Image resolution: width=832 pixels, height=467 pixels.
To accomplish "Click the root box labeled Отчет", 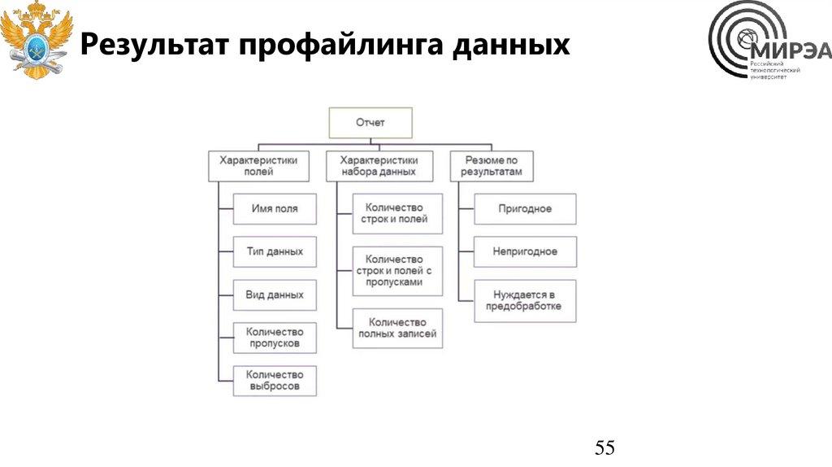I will (370, 123).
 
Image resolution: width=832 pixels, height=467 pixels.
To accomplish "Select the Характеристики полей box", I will (258, 166).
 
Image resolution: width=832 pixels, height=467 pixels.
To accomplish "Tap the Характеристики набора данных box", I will (378, 166).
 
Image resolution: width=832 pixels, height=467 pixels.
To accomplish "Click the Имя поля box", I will (275, 209).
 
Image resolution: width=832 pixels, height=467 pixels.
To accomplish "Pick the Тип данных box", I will (275, 252).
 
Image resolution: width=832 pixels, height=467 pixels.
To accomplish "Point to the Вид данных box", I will (275, 295).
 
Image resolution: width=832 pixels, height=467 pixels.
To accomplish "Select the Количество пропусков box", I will (275, 338).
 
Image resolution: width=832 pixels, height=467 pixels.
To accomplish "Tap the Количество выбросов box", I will (275, 380).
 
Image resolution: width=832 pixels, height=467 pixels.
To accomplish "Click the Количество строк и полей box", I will (398, 214).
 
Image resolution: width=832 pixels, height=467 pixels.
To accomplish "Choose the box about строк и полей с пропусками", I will (398, 269).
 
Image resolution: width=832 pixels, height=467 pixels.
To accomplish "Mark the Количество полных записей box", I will (398, 328).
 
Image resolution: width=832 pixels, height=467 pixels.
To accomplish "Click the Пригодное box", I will (525, 209).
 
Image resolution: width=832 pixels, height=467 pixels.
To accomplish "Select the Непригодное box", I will (525, 252).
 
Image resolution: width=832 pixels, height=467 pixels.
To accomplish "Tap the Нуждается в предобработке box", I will (525, 300).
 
